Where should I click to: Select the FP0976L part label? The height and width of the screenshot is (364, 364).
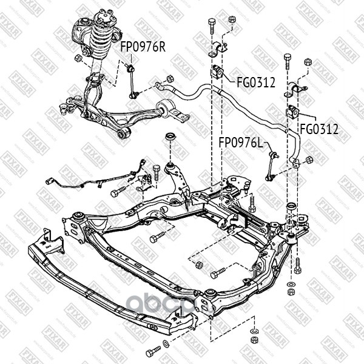pyautogui.click(x=241, y=143)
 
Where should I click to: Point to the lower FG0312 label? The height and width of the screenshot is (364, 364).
pyautogui.click(x=318, y=129)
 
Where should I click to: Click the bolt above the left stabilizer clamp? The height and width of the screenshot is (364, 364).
pyautogui.click(x=211, y=25)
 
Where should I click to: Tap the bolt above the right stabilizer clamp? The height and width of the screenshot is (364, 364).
pyautogui.click(x=286, y=59)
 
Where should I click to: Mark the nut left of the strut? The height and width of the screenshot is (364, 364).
pyautogui.click(x=78, y=58)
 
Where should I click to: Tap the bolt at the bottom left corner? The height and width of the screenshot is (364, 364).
pyautogui.click(x=152, y=351)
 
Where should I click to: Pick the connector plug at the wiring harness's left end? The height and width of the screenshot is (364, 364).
pyautogui.click(x=50, y=180)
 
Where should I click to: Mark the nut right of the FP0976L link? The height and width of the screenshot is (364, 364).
pyautogui.click(x=309, y=160)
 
